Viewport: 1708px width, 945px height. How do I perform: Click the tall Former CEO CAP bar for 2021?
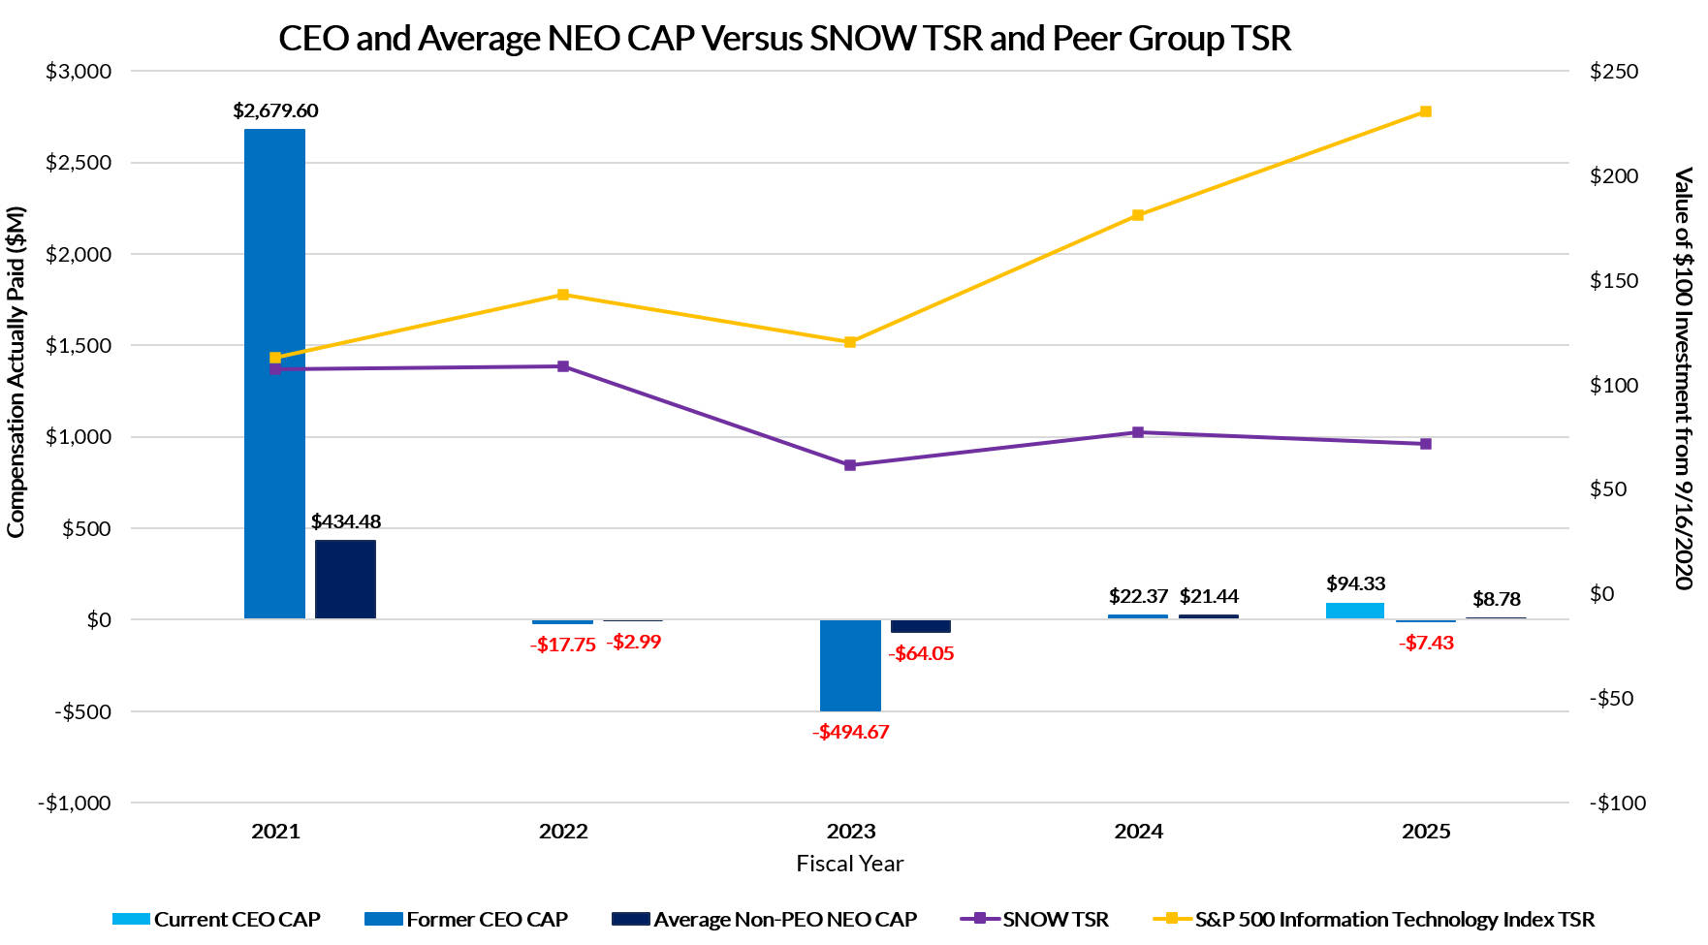coord(274,373)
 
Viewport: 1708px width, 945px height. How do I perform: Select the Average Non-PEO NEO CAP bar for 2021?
coord(345,579)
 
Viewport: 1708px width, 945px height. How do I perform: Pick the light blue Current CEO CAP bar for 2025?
coord(1354,611)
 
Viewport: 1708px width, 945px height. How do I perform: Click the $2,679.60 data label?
coord(275,110)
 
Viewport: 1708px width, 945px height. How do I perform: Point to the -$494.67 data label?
coord(850,732)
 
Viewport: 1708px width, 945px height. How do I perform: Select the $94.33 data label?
coord(1355,583)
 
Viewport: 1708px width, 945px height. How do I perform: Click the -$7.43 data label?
coord(1426,643)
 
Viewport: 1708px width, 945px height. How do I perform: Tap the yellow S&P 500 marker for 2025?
coord(1425,111)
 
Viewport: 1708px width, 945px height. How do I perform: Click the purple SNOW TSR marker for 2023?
coord(850,465)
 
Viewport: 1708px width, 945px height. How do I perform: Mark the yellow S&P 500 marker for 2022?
coord(563,295)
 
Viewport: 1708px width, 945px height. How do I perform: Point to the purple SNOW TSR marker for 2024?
coord(1138,432)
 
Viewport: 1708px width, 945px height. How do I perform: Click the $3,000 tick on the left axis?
coord(79,72)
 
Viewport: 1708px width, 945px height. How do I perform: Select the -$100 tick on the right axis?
coord(1618,803)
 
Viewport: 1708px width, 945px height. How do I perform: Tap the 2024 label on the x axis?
coord(1138,831)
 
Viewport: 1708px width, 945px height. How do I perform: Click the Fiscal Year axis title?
coord(849,864)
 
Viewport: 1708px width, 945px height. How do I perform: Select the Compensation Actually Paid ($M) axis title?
coord(16,372)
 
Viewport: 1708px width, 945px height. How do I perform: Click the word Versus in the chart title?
coord(751,39)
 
